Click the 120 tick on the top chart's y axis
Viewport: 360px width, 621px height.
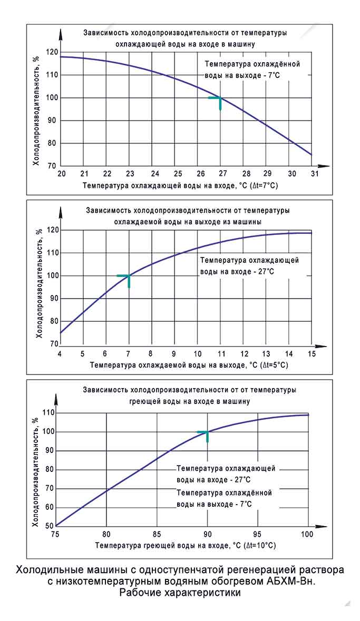52,52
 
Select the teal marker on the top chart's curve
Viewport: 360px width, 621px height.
219,98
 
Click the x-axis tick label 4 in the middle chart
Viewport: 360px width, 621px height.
60,353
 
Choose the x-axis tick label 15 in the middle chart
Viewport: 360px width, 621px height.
312,353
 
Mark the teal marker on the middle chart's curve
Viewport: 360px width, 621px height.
128,276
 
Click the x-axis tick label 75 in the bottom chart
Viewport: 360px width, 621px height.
56,534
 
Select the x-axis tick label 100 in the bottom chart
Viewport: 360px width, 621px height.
308,534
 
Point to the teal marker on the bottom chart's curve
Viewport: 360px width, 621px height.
207,432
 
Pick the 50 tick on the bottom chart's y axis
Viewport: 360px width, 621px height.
48,526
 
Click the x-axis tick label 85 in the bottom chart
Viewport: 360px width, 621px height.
157,534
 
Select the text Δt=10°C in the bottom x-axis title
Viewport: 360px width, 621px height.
257,546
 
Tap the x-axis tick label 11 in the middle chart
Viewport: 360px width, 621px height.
220,353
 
